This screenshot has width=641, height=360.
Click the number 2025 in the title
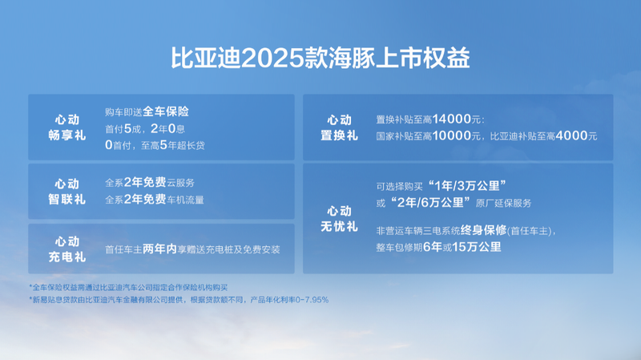pyautogui.click(x=272, y=59)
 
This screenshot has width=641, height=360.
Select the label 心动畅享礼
pyautogui.click(x=67, y=127)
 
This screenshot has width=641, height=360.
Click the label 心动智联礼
pyautogui.click(x=67, y=192)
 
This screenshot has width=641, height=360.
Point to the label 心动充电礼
pyautogui.click(x=67, y=249)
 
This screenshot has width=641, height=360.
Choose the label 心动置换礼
pyautogui.click(x=339, y=127)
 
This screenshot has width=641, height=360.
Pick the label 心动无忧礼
pyautogui.click(x=339, y=219)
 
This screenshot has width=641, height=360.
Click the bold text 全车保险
pyautogui.click(x=166, y=111)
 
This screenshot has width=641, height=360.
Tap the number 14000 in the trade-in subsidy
pyautogui.click(x=452, y=119)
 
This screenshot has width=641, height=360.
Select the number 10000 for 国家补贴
pyautogui.click(x=452, y=136)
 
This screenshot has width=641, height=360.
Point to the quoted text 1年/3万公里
pyautogui.click(x=467, y=186)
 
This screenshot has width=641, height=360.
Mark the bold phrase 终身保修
pyautogui.click(x=484, y=230)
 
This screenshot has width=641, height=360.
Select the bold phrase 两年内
pyautogui.click(x=159, y=249)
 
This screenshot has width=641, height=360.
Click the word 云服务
pyautogui.click(x=181, y=183)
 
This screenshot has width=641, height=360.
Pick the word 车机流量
pyautogui.click(x=185, y=200)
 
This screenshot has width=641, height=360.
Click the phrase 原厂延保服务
pyautogui.click(x=504, y=203)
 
